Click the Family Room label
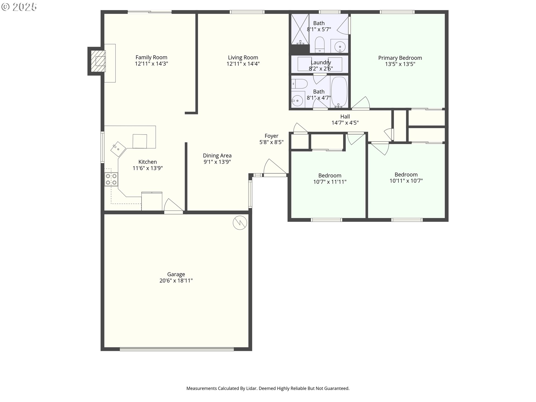(x=151, y=58)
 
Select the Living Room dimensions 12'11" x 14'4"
(x=243, y=64)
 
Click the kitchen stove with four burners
(x=111, y=180)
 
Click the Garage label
(x=176, y=274)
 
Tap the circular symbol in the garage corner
(x=240, y=223)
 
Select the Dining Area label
(x=217, y=155)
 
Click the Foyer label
(x=271, y=136)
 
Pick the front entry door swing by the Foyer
(x=275, y=167)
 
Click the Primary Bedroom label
(x=400, y=58)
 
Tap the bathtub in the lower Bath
(x=339, y=92)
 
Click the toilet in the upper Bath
(x=319, y=45)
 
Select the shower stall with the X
(x=300, y=29)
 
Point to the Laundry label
(x=321, y=62)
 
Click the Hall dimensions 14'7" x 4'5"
(x=345, y=123)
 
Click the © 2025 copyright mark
(x=19, y=7)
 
